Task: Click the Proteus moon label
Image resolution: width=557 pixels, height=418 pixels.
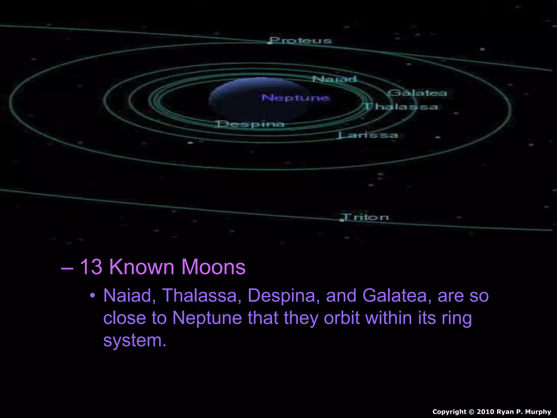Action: [301, 41]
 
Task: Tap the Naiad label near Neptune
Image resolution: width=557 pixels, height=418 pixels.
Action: [334, 79]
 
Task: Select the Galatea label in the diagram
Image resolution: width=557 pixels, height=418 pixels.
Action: [417, 93]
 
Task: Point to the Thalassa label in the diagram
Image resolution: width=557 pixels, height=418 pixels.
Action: [401, 106]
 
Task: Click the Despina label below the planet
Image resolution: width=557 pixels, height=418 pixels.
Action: [250, 124]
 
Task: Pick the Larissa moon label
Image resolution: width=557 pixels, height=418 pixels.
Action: [368, 135]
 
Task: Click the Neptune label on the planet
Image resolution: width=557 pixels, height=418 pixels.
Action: [296, 97]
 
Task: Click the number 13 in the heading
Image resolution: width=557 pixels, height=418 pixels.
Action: [91, 267]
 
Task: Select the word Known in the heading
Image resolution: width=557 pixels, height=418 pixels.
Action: [142, 267]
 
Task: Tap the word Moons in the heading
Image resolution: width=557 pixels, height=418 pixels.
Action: [213, 267]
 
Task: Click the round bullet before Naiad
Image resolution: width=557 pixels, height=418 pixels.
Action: [93, 295]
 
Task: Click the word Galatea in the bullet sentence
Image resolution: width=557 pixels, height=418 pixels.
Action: [395, 296]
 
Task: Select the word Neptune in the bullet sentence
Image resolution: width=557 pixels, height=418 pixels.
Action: [207, 318]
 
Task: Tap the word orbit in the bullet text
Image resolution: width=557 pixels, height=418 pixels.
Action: [342, 318]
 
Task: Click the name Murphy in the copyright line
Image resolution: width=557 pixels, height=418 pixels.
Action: [538, 412]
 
